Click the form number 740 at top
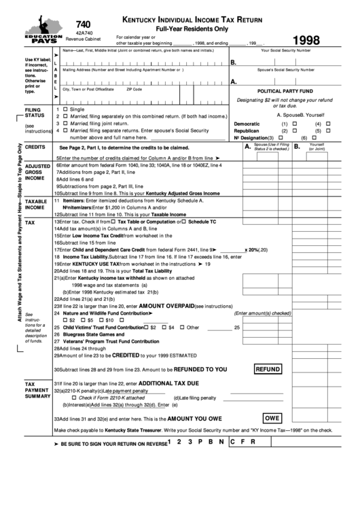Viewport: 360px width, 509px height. pyautogui.click(x=84, y=22)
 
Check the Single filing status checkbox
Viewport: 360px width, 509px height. pyautogui.click(x=65, y=109)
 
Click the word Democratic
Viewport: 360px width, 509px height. pyautogui.click(x=247, y=124)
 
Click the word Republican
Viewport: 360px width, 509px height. pyautogui.click(x=247, y=130)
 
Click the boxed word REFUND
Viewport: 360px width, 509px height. pyautogui.click(x=268, y=369)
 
